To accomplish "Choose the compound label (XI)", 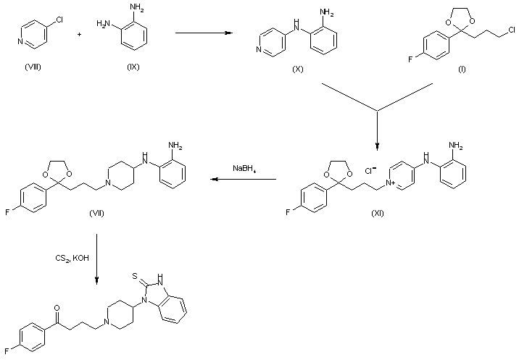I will pos(378,214).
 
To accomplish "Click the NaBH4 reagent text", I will pos(244,169).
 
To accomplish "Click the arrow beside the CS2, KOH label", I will pos(97,258).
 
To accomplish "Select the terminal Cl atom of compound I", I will pos(512,30).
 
